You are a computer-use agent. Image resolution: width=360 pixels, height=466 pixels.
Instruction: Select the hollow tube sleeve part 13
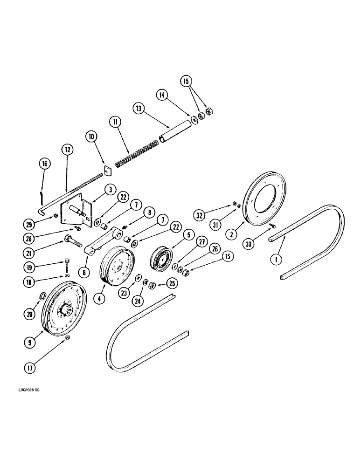click(x=175, y=133)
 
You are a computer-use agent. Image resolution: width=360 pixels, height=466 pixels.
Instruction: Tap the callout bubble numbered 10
click(x=90, y=137)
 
